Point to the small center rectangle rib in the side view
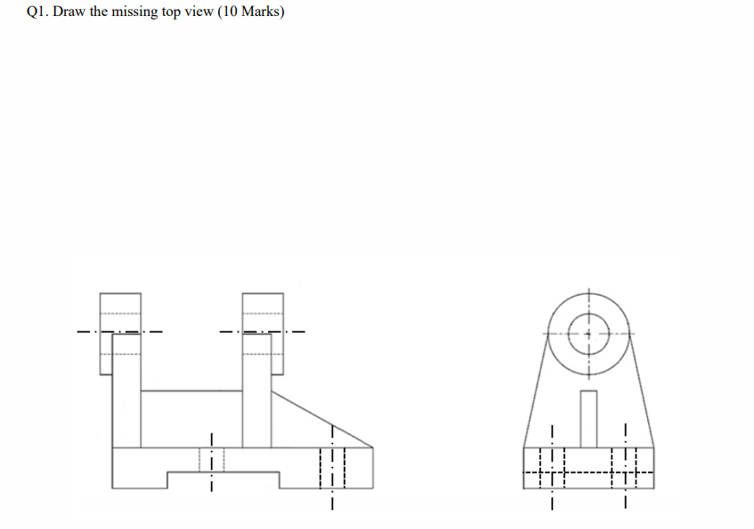[x=588, y=419]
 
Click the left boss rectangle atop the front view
[x=119, y=331]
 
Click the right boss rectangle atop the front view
[x=263, y=331]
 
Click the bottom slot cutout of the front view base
[x=223, y=481]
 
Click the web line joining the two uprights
[x=191, y=390]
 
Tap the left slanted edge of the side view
[x=536, y=392]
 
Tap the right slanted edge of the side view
[x=641, y=392]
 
